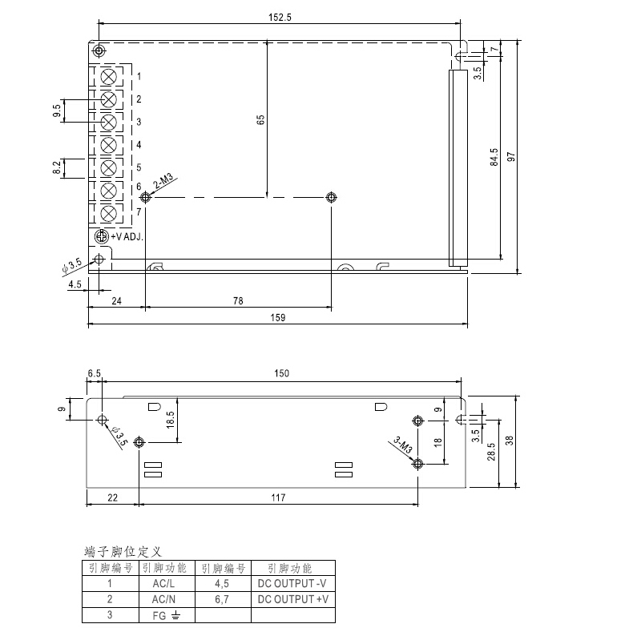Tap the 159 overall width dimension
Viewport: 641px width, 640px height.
click(x=277, y=317)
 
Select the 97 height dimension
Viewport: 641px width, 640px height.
click(x=510, y=156)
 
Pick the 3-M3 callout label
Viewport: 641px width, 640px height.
click(x=403, y=445)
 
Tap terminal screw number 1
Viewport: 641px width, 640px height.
click(x=110, y=77)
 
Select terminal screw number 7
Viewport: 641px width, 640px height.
click(x=110, y=213)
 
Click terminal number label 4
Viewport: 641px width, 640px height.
click(x=139, y=145)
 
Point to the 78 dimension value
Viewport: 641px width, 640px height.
click(x=238, y=301)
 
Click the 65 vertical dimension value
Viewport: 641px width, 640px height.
click(x=260, y=119)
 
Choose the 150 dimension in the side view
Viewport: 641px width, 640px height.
click(x=281, y=373)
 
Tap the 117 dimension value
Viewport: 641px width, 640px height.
click(x=278, y=498)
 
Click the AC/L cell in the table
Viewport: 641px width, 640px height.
click(x=165, y=584)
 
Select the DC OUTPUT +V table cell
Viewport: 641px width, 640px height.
click(x=292, y=599)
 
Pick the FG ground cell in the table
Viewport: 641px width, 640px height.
click(x=165, y=615)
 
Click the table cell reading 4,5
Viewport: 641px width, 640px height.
click(x=222, y=584)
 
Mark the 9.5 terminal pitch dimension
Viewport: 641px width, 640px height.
click(x=57, y=111)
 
